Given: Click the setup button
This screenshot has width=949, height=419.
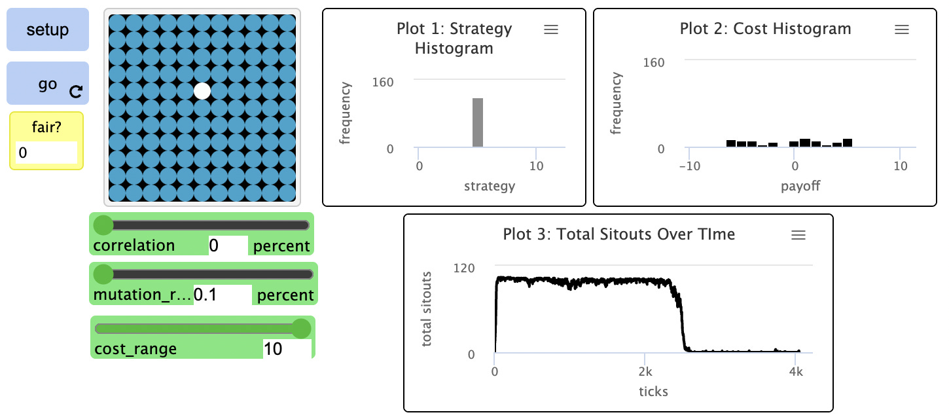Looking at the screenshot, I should pos(47,29).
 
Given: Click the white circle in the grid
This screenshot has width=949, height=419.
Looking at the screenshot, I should pos(203,91).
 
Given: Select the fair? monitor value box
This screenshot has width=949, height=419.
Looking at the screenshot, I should pos(46,153).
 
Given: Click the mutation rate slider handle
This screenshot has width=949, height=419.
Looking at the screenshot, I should pos(103,274).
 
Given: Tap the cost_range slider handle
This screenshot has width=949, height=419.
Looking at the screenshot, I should pos(301,329).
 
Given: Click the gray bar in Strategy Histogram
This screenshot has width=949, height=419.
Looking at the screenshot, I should pos(478,122).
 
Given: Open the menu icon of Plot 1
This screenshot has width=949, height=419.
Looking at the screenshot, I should pos(551,29).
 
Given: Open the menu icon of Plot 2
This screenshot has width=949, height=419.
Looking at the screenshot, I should pos(902,29).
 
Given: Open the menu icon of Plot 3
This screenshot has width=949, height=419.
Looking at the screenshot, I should pos(798,235).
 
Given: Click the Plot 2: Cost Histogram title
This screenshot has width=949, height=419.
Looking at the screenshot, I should pos(765,29).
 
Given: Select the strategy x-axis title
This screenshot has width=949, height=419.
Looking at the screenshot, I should pos(490,187).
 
